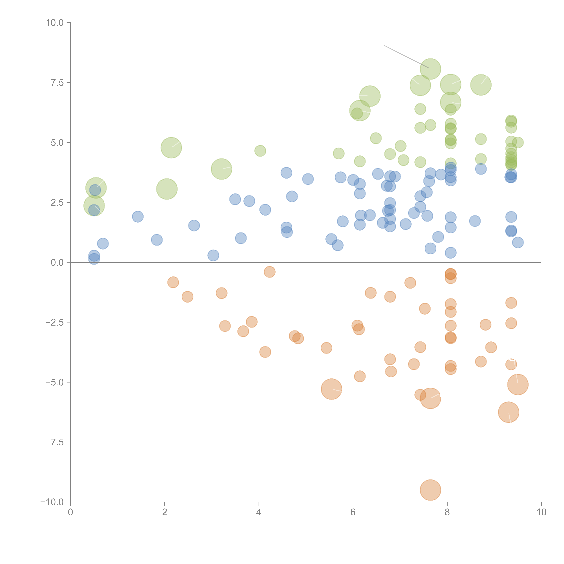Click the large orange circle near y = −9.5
coord(430,490)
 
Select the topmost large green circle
coord(430,69)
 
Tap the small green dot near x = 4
coord(260,151)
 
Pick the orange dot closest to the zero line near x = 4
coord(269,272)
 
